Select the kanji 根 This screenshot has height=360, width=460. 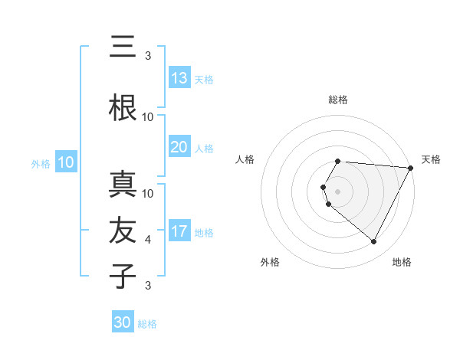(x=123, y=107)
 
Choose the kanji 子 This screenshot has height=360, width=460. (x=123, y=276)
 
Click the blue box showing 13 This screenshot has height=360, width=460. (x=179, y=78)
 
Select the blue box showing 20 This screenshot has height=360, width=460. (x=179, y=147)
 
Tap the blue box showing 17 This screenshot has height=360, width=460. (x=179, y=231)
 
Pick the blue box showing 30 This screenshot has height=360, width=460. (x=123, y=322)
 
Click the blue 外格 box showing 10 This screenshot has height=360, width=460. (x=66, y=162)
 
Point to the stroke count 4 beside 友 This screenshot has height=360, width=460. (x=148, y=240)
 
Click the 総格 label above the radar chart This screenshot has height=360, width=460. (x=337, y=100)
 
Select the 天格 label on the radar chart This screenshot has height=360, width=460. (x=431, y=159)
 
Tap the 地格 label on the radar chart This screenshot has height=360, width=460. (x=402, y=263)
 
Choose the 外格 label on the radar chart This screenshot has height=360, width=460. (x=270, y=263)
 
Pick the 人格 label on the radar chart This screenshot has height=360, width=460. (x=245, y=159)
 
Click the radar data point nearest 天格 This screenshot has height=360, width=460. (x=410, y=168)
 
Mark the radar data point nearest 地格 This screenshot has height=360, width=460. (x=374, y=242)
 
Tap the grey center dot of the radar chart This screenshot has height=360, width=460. (x=337, y=191)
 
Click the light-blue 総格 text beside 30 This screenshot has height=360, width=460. (x=147, y=324)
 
